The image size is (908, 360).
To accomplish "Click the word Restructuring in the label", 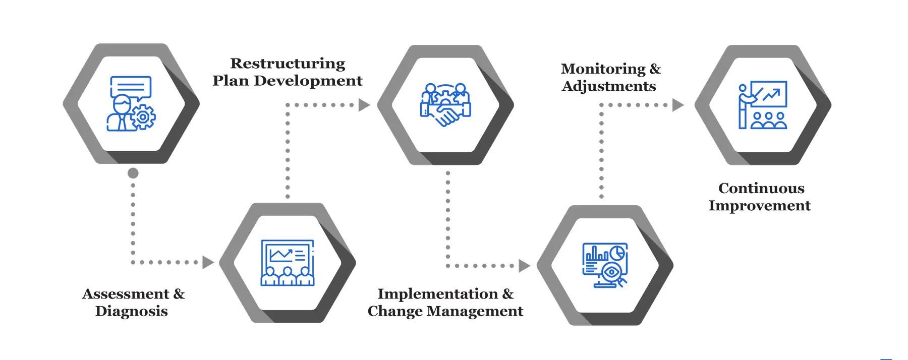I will pyautogui.click(x=288, y=64).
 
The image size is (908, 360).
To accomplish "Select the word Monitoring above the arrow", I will pyautogui.click(x=603, y=69).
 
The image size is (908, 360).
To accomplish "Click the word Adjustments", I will pyautogui.click(x=609, y=86).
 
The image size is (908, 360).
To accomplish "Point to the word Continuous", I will pyautogui.click(x=762, y=188).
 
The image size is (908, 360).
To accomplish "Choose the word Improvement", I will pyautogui.click(x=760, y=206).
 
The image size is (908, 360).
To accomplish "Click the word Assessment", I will pyautogui.click(x=126, y=293).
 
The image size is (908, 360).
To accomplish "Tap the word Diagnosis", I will pyautogui.click(x=132, y=311).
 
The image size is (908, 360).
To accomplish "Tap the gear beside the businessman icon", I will pyautogui.click(x=143, y=117).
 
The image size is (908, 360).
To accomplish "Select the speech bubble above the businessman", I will pyautogui.click(x=131, y=87).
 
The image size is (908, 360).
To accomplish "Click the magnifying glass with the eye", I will pyautogui.click(x=612, y=273).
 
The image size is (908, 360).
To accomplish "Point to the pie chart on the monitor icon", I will pyautogui.click(x=617, y=252).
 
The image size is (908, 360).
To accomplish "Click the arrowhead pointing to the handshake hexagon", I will pyautogui.click(x=364, y=105).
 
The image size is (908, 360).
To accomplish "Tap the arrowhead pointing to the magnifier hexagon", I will pyautogui.click(x=524, y=265).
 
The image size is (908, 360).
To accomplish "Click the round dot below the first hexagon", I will pyautogui.click(x=133, y=173).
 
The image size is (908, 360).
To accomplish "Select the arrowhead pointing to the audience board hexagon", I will pyautogui.click(x=207, y=262).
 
